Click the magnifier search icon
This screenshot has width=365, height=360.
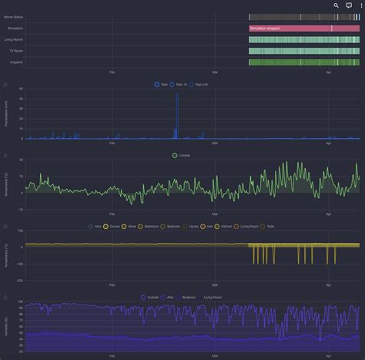(337, 5)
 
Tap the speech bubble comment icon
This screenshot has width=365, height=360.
(349, 5)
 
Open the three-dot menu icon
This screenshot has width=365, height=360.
(360, 5)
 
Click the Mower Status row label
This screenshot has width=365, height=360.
(14, 16)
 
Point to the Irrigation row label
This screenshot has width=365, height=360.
(15, 62)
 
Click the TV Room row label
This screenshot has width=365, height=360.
(15, 51)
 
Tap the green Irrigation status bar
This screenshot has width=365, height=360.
(303, 62)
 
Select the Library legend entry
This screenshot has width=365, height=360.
(192, 227)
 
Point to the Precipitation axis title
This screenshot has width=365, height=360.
(7, 113)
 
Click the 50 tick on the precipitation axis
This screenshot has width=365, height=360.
(21, 89)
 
